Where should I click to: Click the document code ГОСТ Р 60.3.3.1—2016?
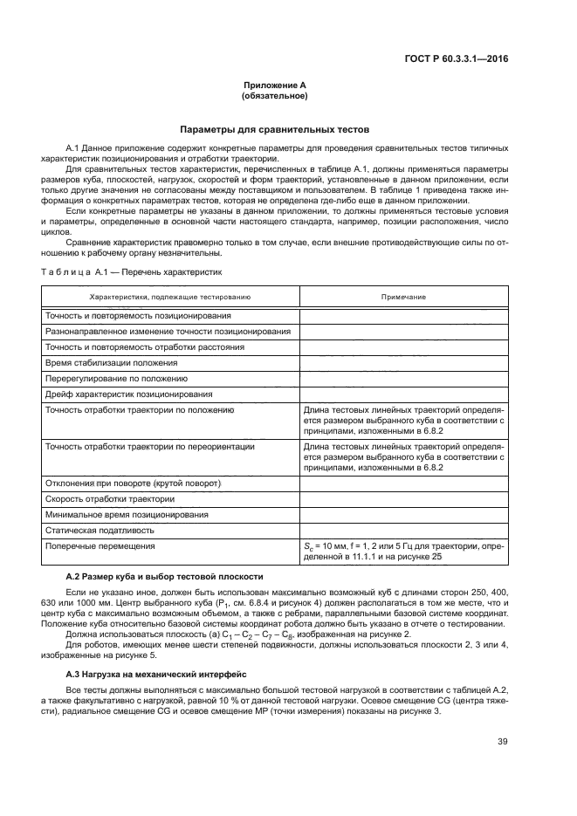pos(468,59)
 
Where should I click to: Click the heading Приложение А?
pos(276,86)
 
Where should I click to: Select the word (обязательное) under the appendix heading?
pos(276,95)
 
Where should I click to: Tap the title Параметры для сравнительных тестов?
pos(275,128)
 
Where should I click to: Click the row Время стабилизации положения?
pos(112,362)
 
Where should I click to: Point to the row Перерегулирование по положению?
pos(116,378)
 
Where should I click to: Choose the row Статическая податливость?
pos(100,530)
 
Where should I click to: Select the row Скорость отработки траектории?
pos(110,498)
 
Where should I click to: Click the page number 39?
pos(503,742)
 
